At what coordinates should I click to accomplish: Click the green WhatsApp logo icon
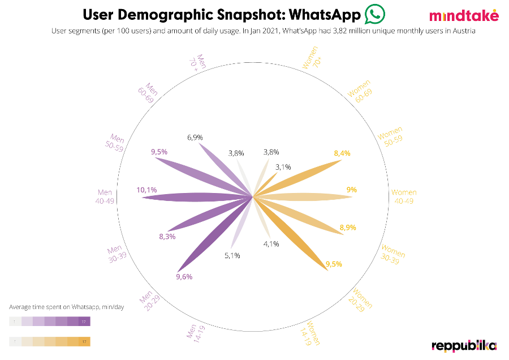pos(374,14)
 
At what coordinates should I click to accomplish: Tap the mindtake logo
pos(464,15)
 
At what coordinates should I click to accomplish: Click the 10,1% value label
pos(146,190)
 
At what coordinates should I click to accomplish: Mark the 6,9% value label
pos(195,138)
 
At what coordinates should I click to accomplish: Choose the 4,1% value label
pos(271,244)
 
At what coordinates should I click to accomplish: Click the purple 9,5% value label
pos(159,152)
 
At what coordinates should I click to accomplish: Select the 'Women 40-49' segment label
pos(404,197)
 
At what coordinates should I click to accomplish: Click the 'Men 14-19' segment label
pos(193,331)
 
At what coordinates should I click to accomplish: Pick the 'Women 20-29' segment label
pos(362,298)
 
